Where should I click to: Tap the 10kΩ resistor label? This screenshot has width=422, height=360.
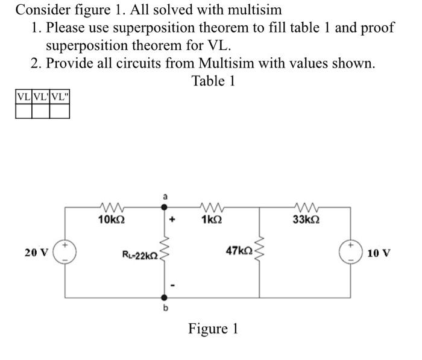(x=111, y=220)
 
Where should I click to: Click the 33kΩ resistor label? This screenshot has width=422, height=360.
(x=305, y=220)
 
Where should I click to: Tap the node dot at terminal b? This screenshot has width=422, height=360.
(x=162, y=297)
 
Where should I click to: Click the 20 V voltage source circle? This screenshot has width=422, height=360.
(x=65, y=252)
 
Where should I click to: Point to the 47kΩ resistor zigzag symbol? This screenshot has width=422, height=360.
(x=260, y=251)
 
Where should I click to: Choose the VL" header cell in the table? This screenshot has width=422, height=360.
(x=60, y=96)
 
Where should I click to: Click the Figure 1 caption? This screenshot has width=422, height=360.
(x=213, y=329)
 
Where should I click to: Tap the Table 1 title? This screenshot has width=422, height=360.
(x=213, y=80)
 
